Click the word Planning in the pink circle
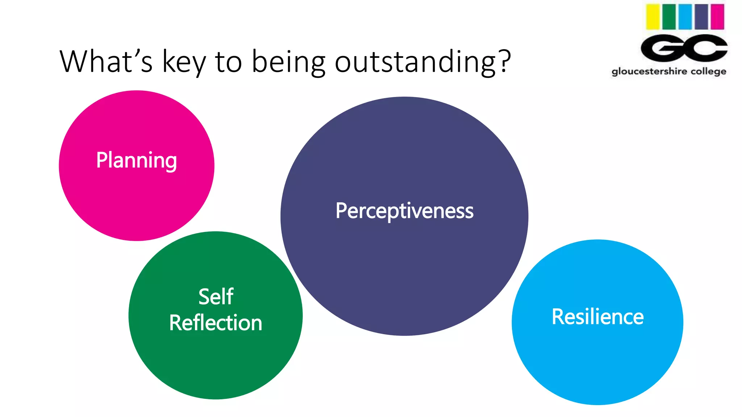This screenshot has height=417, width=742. click(x=137, y=160)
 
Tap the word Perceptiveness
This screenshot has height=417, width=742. click(x=404, y=211)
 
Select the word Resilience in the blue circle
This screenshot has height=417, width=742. click(x=597, y=317)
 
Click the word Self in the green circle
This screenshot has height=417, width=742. click(x=216, y=297)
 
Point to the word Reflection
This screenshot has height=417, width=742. click(x=216, y=323)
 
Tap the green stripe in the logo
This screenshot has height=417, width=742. click(x=669, y=17)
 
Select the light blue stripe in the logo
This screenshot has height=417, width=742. click(x=685, y=17)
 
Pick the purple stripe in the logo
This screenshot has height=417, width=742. click(x=701, y=17)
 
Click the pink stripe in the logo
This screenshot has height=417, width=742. click(x=717, y=17)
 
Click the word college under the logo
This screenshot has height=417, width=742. click(x=708, y=71)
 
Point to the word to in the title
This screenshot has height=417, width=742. click(x=228, y=62)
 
